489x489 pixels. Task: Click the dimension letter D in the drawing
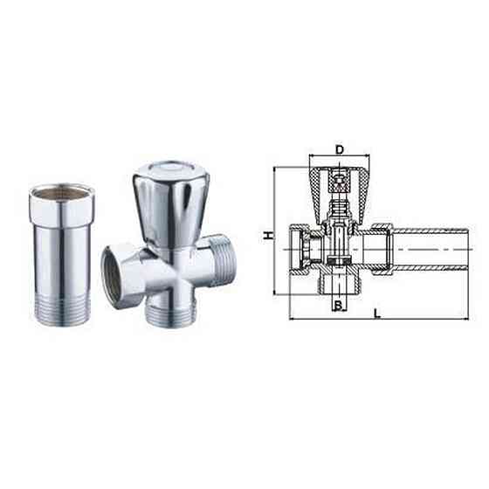(339, 149)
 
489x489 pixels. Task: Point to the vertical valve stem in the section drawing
(339, 223)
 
